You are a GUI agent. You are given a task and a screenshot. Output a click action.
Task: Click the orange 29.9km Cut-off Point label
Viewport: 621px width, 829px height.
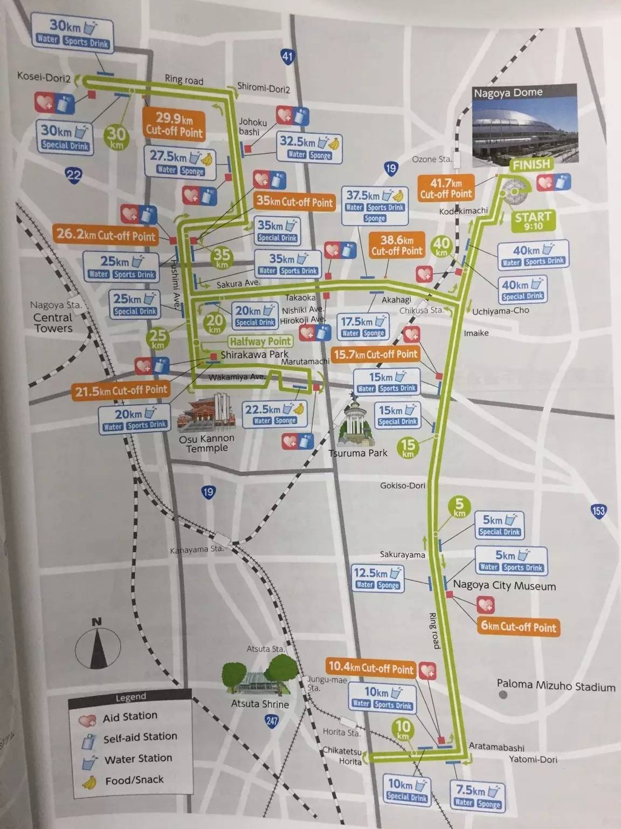(x=174, y=125)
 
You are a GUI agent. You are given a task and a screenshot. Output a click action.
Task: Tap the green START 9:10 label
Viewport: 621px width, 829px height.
(x=533, y=220)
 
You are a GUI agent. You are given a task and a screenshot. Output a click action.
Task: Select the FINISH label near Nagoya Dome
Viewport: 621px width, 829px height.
(x=531, y=165)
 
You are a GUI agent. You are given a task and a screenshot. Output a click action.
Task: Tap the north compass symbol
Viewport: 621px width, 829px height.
(x=96, y=644)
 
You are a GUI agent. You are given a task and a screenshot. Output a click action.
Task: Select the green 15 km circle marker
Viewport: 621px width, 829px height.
(x=408, y=447)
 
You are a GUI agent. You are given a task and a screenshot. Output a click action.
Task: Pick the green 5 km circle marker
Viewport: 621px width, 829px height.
(x=459, y=508)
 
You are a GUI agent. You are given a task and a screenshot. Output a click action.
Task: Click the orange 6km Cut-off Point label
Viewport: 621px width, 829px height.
(x=518, y=627)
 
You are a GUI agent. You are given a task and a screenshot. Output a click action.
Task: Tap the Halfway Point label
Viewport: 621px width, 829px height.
(x=260, y=341)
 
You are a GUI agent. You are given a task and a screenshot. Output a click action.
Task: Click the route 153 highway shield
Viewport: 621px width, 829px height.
(x=598, y=511)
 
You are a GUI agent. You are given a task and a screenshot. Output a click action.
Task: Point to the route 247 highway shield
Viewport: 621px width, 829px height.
(x=271, y=720)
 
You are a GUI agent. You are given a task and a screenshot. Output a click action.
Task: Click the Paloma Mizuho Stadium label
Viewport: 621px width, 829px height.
(x=556, y=686)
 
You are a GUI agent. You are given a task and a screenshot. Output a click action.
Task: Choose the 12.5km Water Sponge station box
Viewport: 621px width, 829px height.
(x=378, y=577)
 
